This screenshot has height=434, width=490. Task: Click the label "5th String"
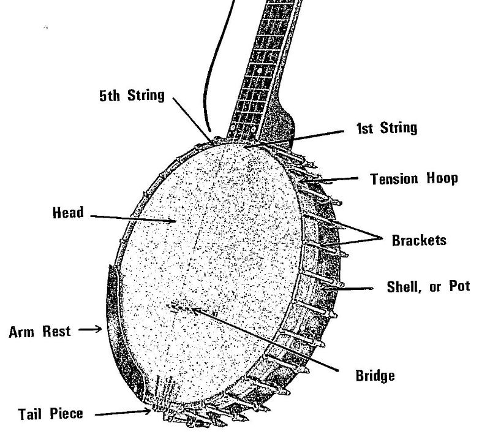[x=132, y=97]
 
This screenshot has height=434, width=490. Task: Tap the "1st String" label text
[x=386, y=128]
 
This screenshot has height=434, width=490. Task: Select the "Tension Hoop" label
[x=414, y=179]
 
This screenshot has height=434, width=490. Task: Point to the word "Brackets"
[x=419, y=240]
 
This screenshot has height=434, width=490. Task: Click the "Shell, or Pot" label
[x=428, y=287]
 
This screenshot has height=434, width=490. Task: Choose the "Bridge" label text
[x=375, y=375]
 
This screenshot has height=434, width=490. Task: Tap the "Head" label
[x=68, y=213]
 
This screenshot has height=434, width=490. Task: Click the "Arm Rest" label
[x=40, y=332]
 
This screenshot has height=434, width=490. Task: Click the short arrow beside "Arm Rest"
[x=90, y=330]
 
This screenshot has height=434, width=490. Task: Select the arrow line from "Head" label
[x=132, y=218]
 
